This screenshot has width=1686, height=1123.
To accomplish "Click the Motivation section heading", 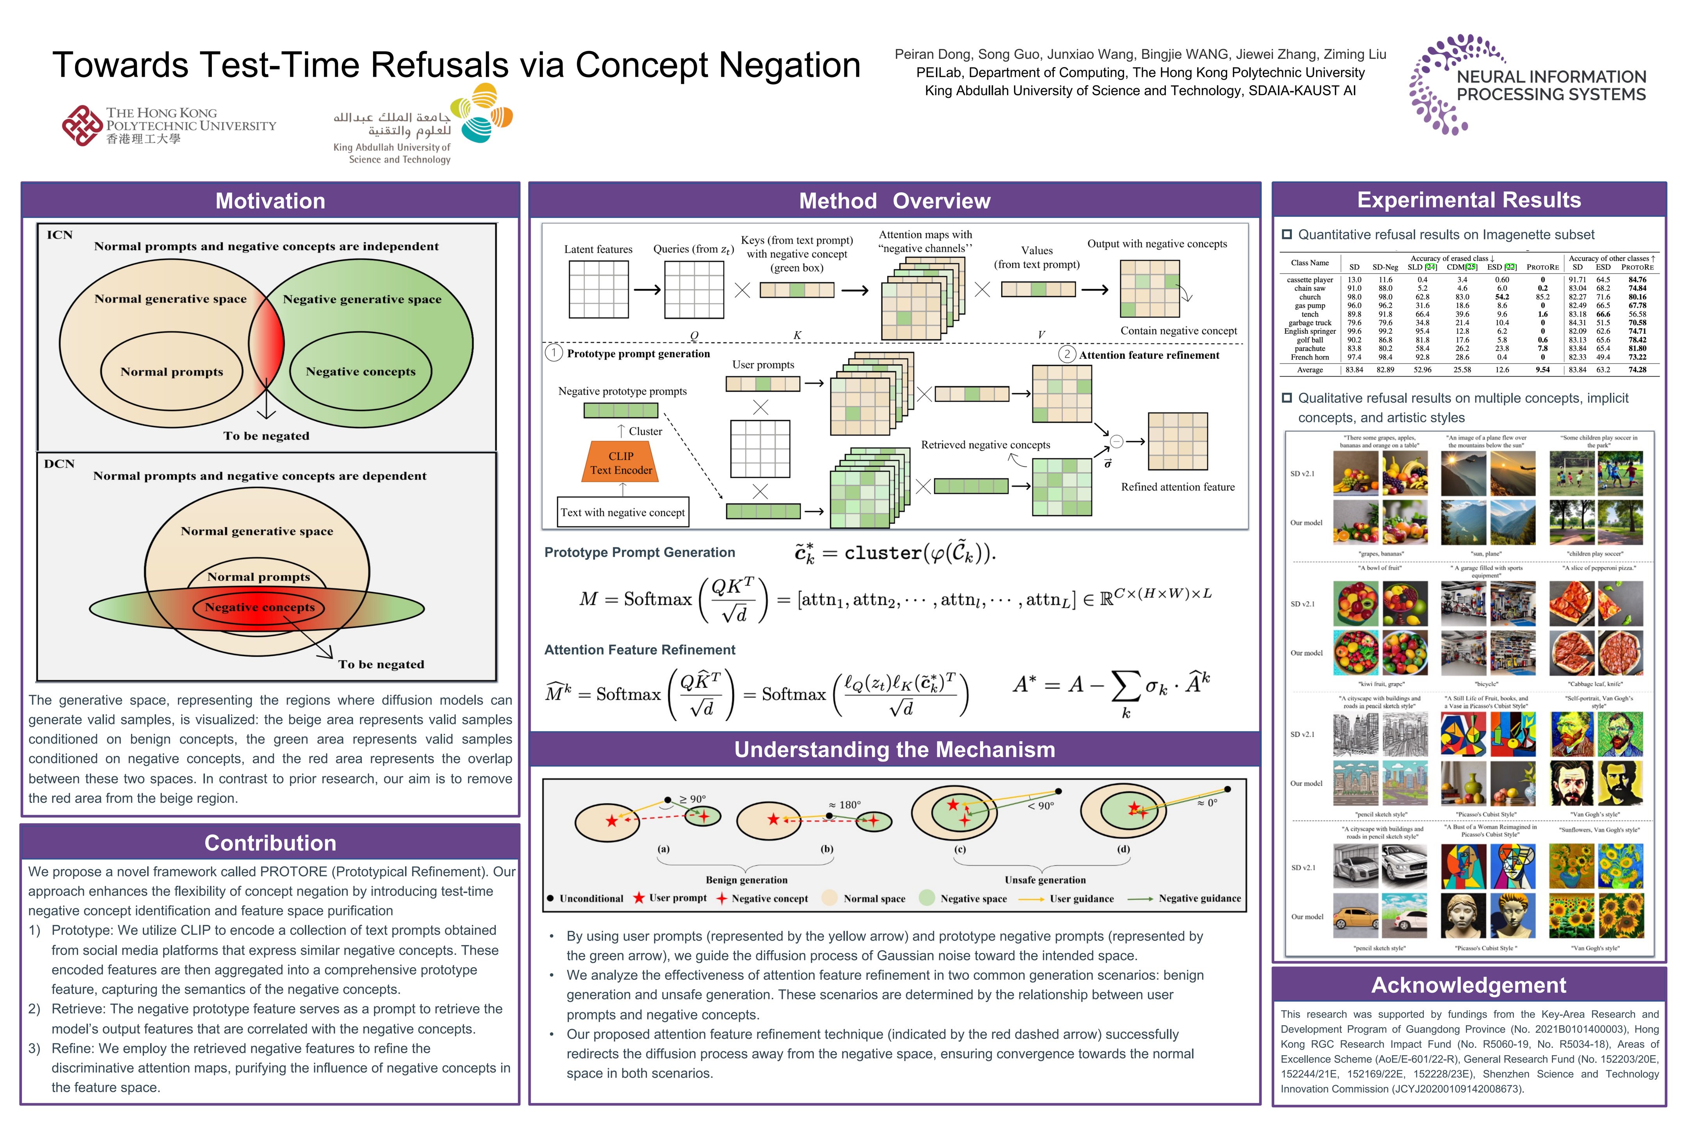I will (270, 200).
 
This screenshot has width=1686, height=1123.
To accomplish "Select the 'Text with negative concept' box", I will (623, 512).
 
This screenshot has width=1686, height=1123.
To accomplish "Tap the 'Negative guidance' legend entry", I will (1199, 898).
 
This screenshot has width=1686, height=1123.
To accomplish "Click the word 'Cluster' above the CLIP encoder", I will (645, 431).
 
